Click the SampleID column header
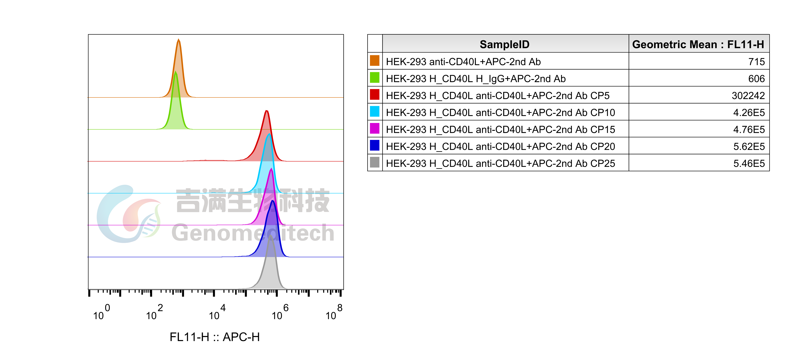(x=505, y=44)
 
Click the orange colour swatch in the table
(x=375, y=61)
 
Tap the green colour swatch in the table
(x=375, y=77)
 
